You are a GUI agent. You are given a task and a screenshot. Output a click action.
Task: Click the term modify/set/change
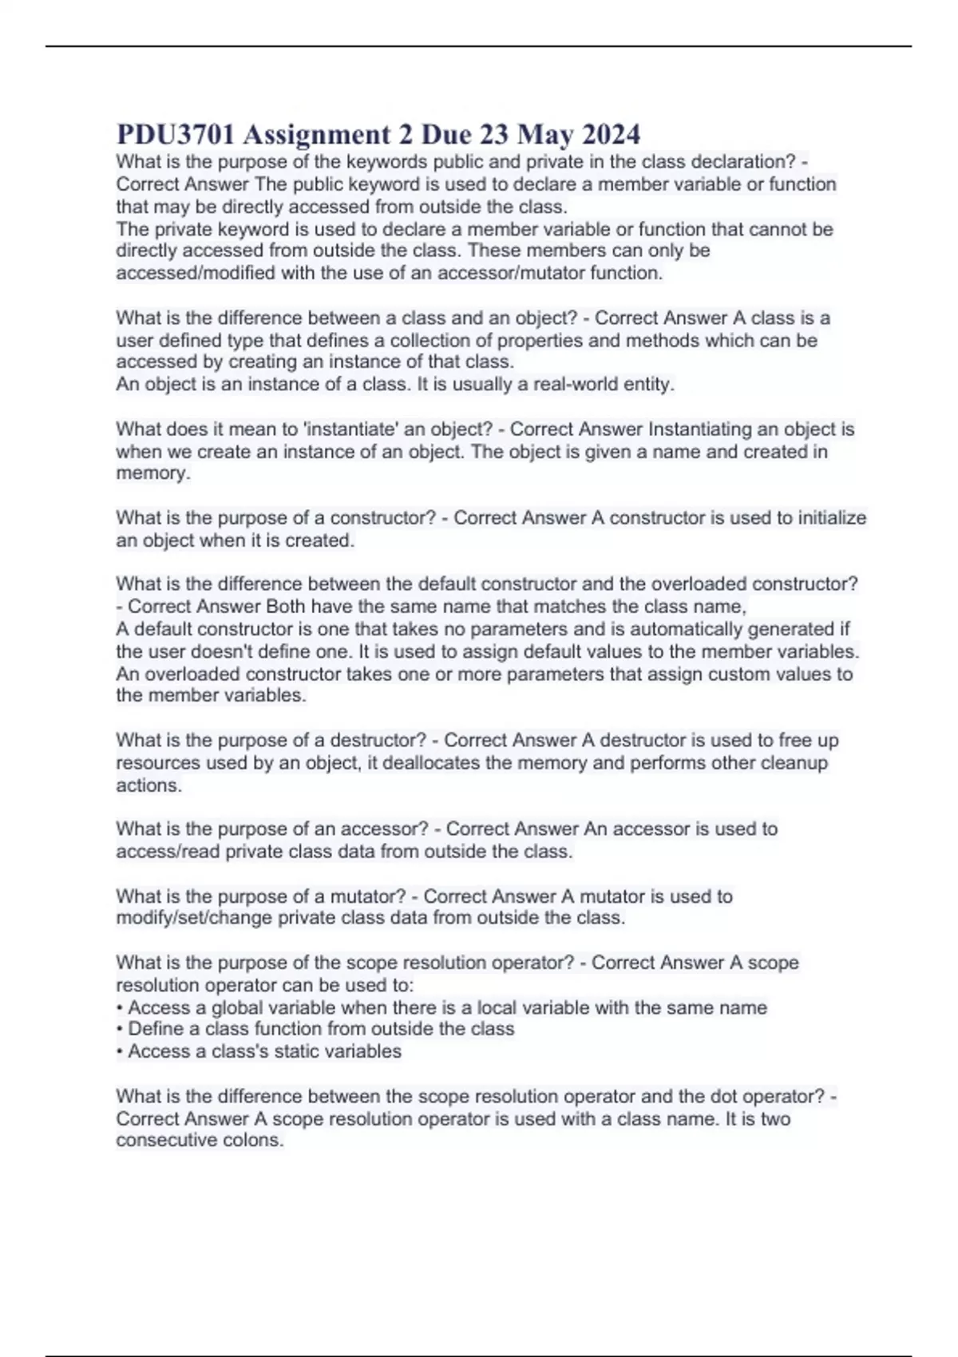[x=195, y=918]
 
